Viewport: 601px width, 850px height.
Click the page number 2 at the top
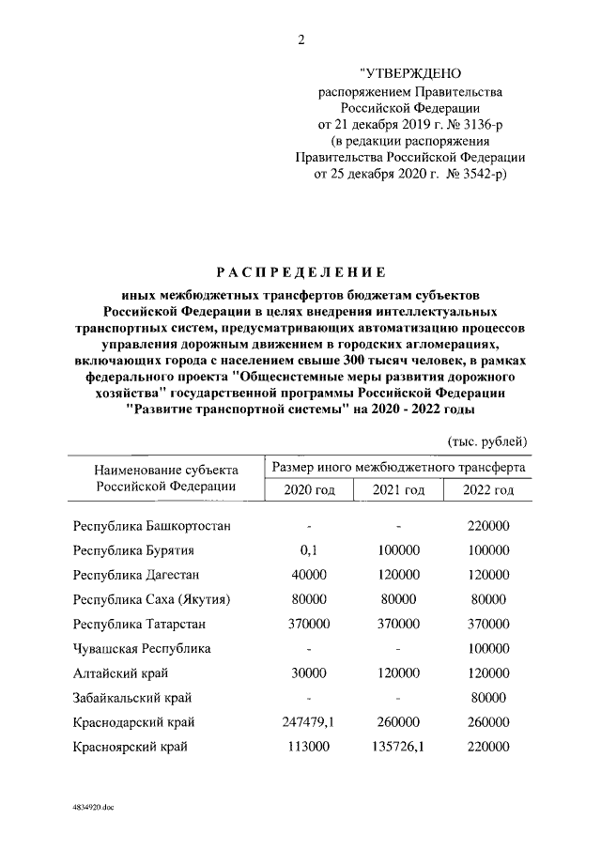click(x=300, y=39)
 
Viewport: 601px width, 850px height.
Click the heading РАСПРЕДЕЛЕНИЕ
click(x=300, y=273)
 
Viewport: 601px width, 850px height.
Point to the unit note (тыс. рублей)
click(x=485, y=440)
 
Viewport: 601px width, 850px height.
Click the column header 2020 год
click(x=308, y=490)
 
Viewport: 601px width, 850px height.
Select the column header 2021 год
click(x=398, y=490)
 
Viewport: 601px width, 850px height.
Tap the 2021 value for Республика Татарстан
click(x=398, y=625)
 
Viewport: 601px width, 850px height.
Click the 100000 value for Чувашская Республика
click(x=488, y=649)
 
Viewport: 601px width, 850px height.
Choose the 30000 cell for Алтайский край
click(x=308, y=673)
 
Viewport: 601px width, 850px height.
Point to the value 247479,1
click(x=308, y=722)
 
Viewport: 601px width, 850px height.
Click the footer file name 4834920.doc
click(x=90, y=808)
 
